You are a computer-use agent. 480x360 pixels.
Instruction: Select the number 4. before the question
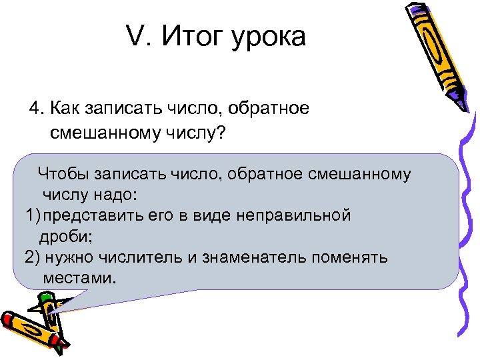tap(36, 109)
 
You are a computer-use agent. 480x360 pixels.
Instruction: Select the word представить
tap(95, 216)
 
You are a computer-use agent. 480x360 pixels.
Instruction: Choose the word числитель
tap(143, 257)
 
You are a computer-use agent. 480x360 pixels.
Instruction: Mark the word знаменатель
tap(253, 257)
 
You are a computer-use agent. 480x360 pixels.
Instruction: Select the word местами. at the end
tap(79, 277)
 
